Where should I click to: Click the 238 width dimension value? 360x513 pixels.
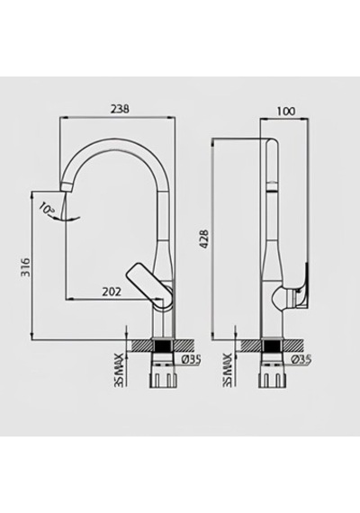(120, 108)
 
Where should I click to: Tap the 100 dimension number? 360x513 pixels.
(286, 112)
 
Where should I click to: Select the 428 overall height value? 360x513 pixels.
(204, 239)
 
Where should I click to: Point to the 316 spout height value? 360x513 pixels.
(25, 267)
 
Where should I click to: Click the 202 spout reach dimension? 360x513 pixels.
(112, 292)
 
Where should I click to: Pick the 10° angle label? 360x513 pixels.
(47, 209)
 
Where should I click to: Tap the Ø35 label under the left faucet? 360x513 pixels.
(191, 360)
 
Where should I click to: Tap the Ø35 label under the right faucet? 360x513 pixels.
(301, 360)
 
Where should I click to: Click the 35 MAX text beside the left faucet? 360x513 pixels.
(120, 370)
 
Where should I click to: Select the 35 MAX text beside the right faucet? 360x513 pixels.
(227, 370)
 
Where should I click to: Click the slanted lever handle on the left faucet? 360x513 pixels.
(146, 283)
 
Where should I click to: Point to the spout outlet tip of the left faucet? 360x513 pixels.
(67, 188)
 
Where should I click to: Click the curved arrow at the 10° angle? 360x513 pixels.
(67, 219)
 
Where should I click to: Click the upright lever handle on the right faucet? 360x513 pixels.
(302, 285)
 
